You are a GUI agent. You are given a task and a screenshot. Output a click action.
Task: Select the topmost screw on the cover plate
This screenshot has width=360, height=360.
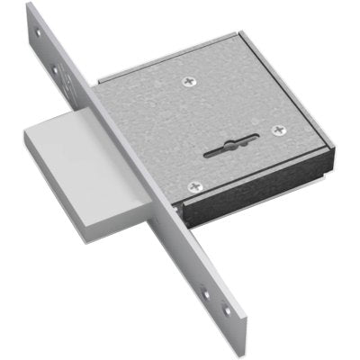coord(189,83)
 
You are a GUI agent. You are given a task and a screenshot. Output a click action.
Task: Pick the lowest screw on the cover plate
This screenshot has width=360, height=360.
coord(194,186)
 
